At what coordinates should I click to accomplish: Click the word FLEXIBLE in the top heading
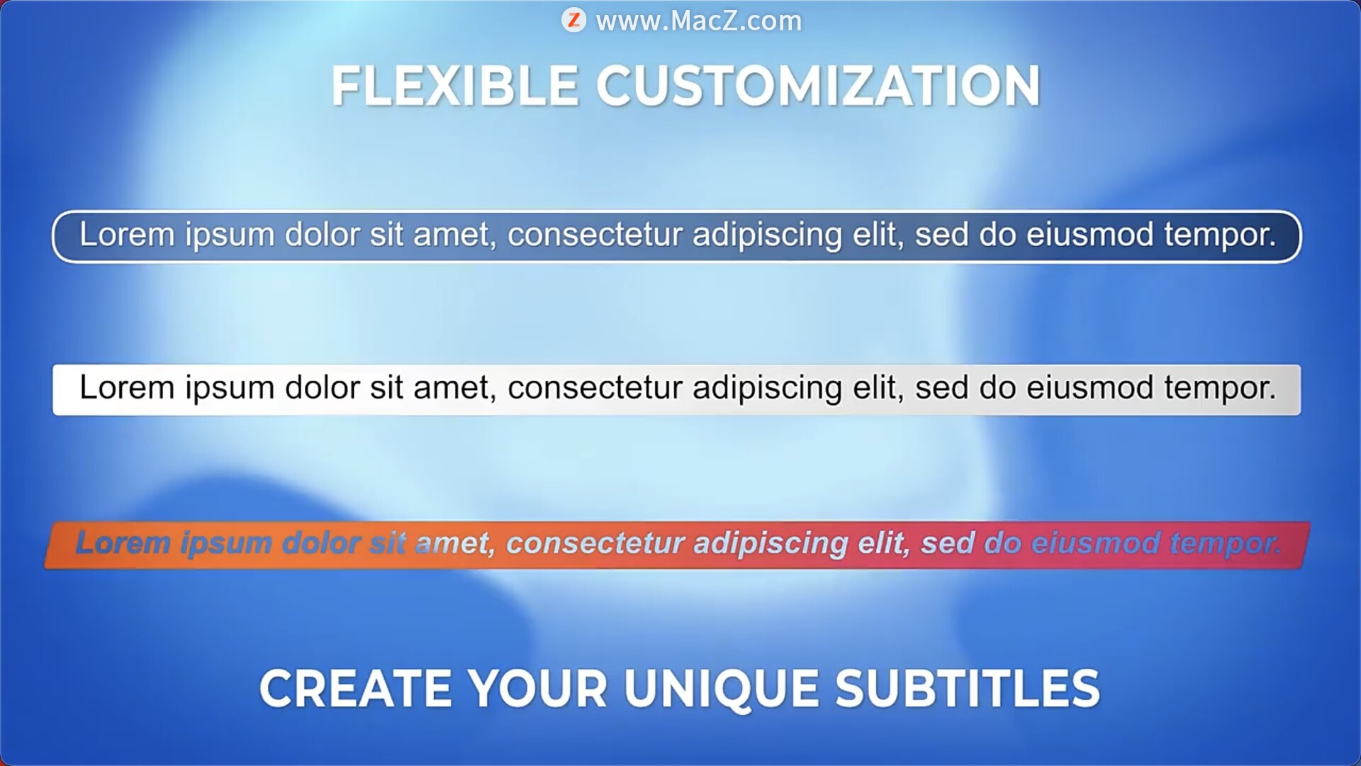[x=454, y=87]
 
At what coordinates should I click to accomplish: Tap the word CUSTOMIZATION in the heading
[x=818, y=87]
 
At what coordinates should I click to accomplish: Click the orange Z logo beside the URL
[x=573, y=20]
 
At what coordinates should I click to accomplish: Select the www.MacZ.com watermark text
[x=699, y=21]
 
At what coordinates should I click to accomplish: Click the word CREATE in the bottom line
[x=356, y=689]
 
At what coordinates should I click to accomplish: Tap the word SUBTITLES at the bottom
[x=968, y=689]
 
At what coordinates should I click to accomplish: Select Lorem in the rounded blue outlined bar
[x=127, y=235]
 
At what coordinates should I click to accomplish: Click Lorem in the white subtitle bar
[x=127, y=388]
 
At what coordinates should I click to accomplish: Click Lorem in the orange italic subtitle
[x=123, y=543]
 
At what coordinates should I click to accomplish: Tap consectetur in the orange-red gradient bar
[x=595, y=543]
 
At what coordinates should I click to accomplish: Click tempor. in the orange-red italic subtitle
[x=1225, y=544]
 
